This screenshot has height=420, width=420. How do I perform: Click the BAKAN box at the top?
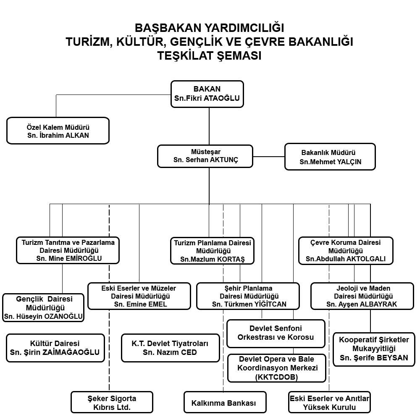tap(207, 94)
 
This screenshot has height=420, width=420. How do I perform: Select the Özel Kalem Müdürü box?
tap(58, 131)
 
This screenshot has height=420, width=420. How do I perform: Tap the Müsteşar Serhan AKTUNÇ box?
tap(205, 156)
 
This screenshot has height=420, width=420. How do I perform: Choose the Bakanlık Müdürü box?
tap(330, 157)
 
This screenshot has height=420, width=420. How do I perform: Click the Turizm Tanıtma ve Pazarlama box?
tap(68, 250)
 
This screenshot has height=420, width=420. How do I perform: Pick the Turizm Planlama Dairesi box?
tap(212, 251)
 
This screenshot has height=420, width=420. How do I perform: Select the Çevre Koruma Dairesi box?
tap(346, 251)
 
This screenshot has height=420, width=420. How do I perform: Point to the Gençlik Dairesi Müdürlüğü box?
tap(43, 307)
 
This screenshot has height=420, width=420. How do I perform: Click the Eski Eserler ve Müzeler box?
tap(139, 296)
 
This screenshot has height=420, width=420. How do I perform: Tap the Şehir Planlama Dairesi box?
tap(248, 296)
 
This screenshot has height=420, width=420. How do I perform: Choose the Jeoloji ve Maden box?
tap(362, 296)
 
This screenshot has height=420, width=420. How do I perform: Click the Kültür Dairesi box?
tap(55, 348)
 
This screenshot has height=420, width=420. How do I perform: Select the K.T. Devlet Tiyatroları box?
tap(171, 348)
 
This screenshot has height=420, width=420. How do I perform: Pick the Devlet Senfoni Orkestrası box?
tap(276, 333)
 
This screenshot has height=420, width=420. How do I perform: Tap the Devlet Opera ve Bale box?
tap(277, 368)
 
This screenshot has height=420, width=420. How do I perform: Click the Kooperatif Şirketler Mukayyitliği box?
tap(374, 349)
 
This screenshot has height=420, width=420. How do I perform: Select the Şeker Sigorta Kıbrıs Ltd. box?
tap(112, 402)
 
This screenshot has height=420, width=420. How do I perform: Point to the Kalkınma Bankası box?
tap(225, 402)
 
